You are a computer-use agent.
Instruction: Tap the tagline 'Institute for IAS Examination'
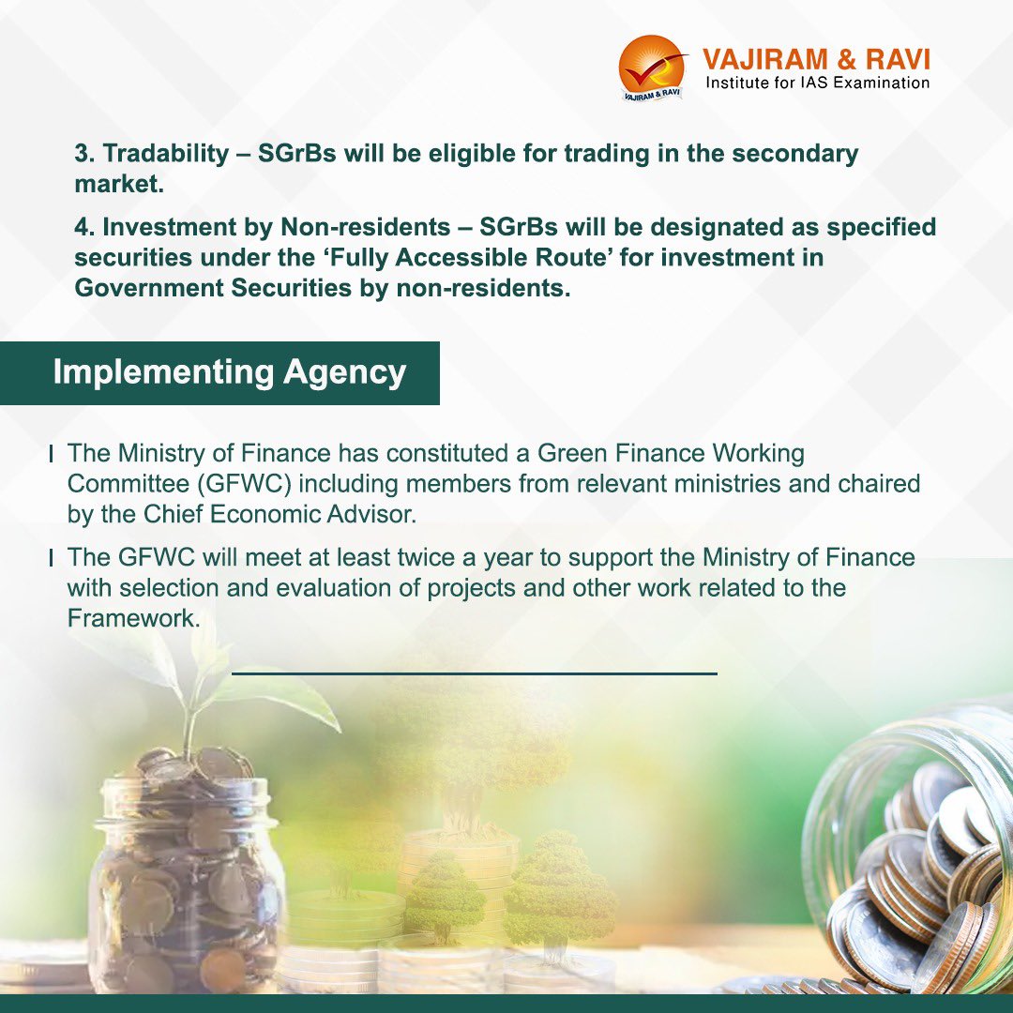(x=817, y=83)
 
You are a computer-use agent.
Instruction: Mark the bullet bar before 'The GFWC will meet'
(x=51, y=558)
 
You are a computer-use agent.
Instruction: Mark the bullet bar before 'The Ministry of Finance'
(x=51, y=454)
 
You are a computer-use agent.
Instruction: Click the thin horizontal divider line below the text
(x=474, y=673)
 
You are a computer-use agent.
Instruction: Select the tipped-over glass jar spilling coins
(x=910, y=854)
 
